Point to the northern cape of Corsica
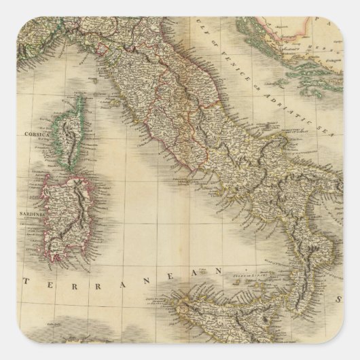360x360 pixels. pos(80,99)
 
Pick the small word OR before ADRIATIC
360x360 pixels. pos(261,79)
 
